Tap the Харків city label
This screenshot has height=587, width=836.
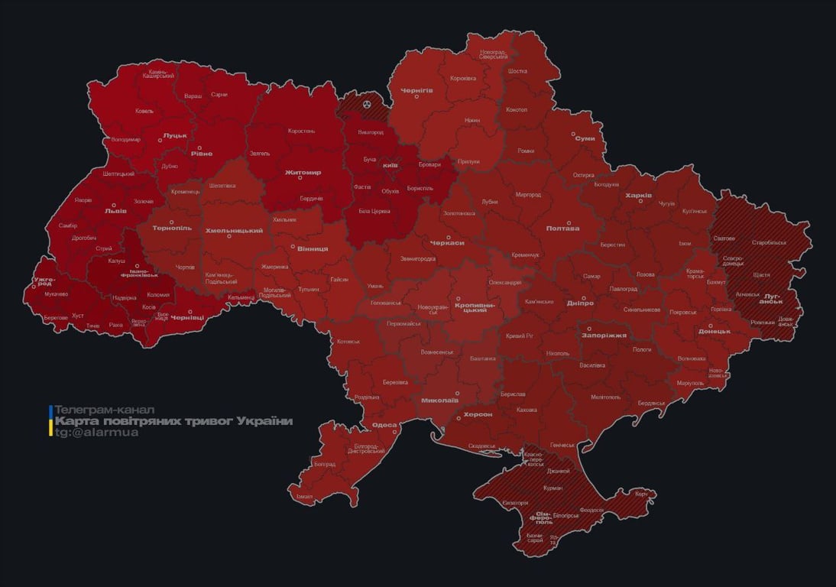click(x=638, y=196)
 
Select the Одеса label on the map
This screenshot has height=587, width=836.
click(x=384, y=426)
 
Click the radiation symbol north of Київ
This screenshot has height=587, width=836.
click(x=367, y=102)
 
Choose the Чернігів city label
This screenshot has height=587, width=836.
click(x=416, y=89)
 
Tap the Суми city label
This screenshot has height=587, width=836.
click(x=585, y=138)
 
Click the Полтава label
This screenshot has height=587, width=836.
click(x=562, y=229)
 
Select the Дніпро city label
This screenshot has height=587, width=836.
click(x=581, y=303)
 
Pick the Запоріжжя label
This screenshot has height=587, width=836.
click(x=604, y=336)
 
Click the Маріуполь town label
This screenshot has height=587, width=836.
click(x=689, y=383)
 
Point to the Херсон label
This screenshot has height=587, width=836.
click(x=478, y=414)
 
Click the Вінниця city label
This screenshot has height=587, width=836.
click(x=313, y=249)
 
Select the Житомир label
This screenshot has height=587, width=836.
click(x=303, y=173)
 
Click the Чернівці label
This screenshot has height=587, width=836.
click(x=186, y=317)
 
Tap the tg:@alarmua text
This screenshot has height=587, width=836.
click(x=96, y=433)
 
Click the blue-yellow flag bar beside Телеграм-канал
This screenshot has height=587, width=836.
click(x=50, y=421)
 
